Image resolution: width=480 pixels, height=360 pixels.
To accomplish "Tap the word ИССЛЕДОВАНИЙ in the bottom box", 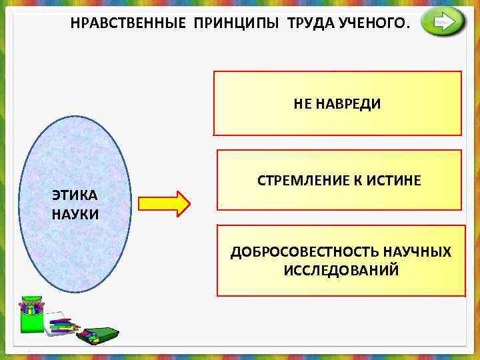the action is click(x=341, y=270).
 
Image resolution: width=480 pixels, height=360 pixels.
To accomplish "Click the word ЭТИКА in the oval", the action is click(x=75, y=195).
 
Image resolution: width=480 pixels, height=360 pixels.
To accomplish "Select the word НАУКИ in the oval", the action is click(x=75, y=214).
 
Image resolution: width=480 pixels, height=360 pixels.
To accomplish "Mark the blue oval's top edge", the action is click(x=75, y=118).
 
